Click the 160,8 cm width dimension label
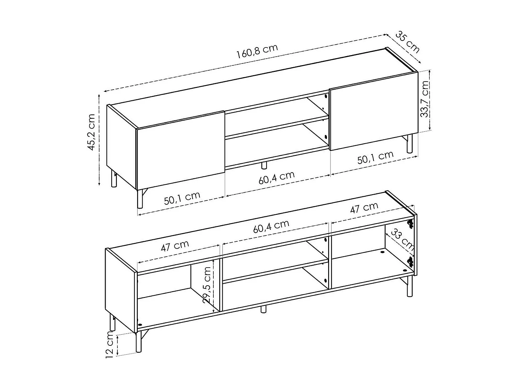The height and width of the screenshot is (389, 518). [257, 52]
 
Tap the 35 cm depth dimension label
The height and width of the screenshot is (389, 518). [407, 42]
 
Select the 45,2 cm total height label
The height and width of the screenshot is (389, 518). [92, 132]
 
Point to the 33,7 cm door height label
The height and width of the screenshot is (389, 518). [425, 99]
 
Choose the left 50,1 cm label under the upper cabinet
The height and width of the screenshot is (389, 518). [182, 198]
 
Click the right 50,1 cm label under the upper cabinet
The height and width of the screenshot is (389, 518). [375, 158]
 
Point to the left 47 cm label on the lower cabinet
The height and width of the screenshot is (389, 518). [175, 246]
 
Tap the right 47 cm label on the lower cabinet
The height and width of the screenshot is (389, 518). [364, 208]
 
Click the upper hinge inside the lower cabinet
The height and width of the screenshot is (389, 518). [410, 224]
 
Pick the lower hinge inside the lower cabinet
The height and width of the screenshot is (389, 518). [410, 261]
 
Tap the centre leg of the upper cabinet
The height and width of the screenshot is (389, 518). [264, 165]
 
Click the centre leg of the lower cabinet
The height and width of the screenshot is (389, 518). [263, 309]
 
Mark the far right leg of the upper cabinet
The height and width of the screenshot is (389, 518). [409, 144]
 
